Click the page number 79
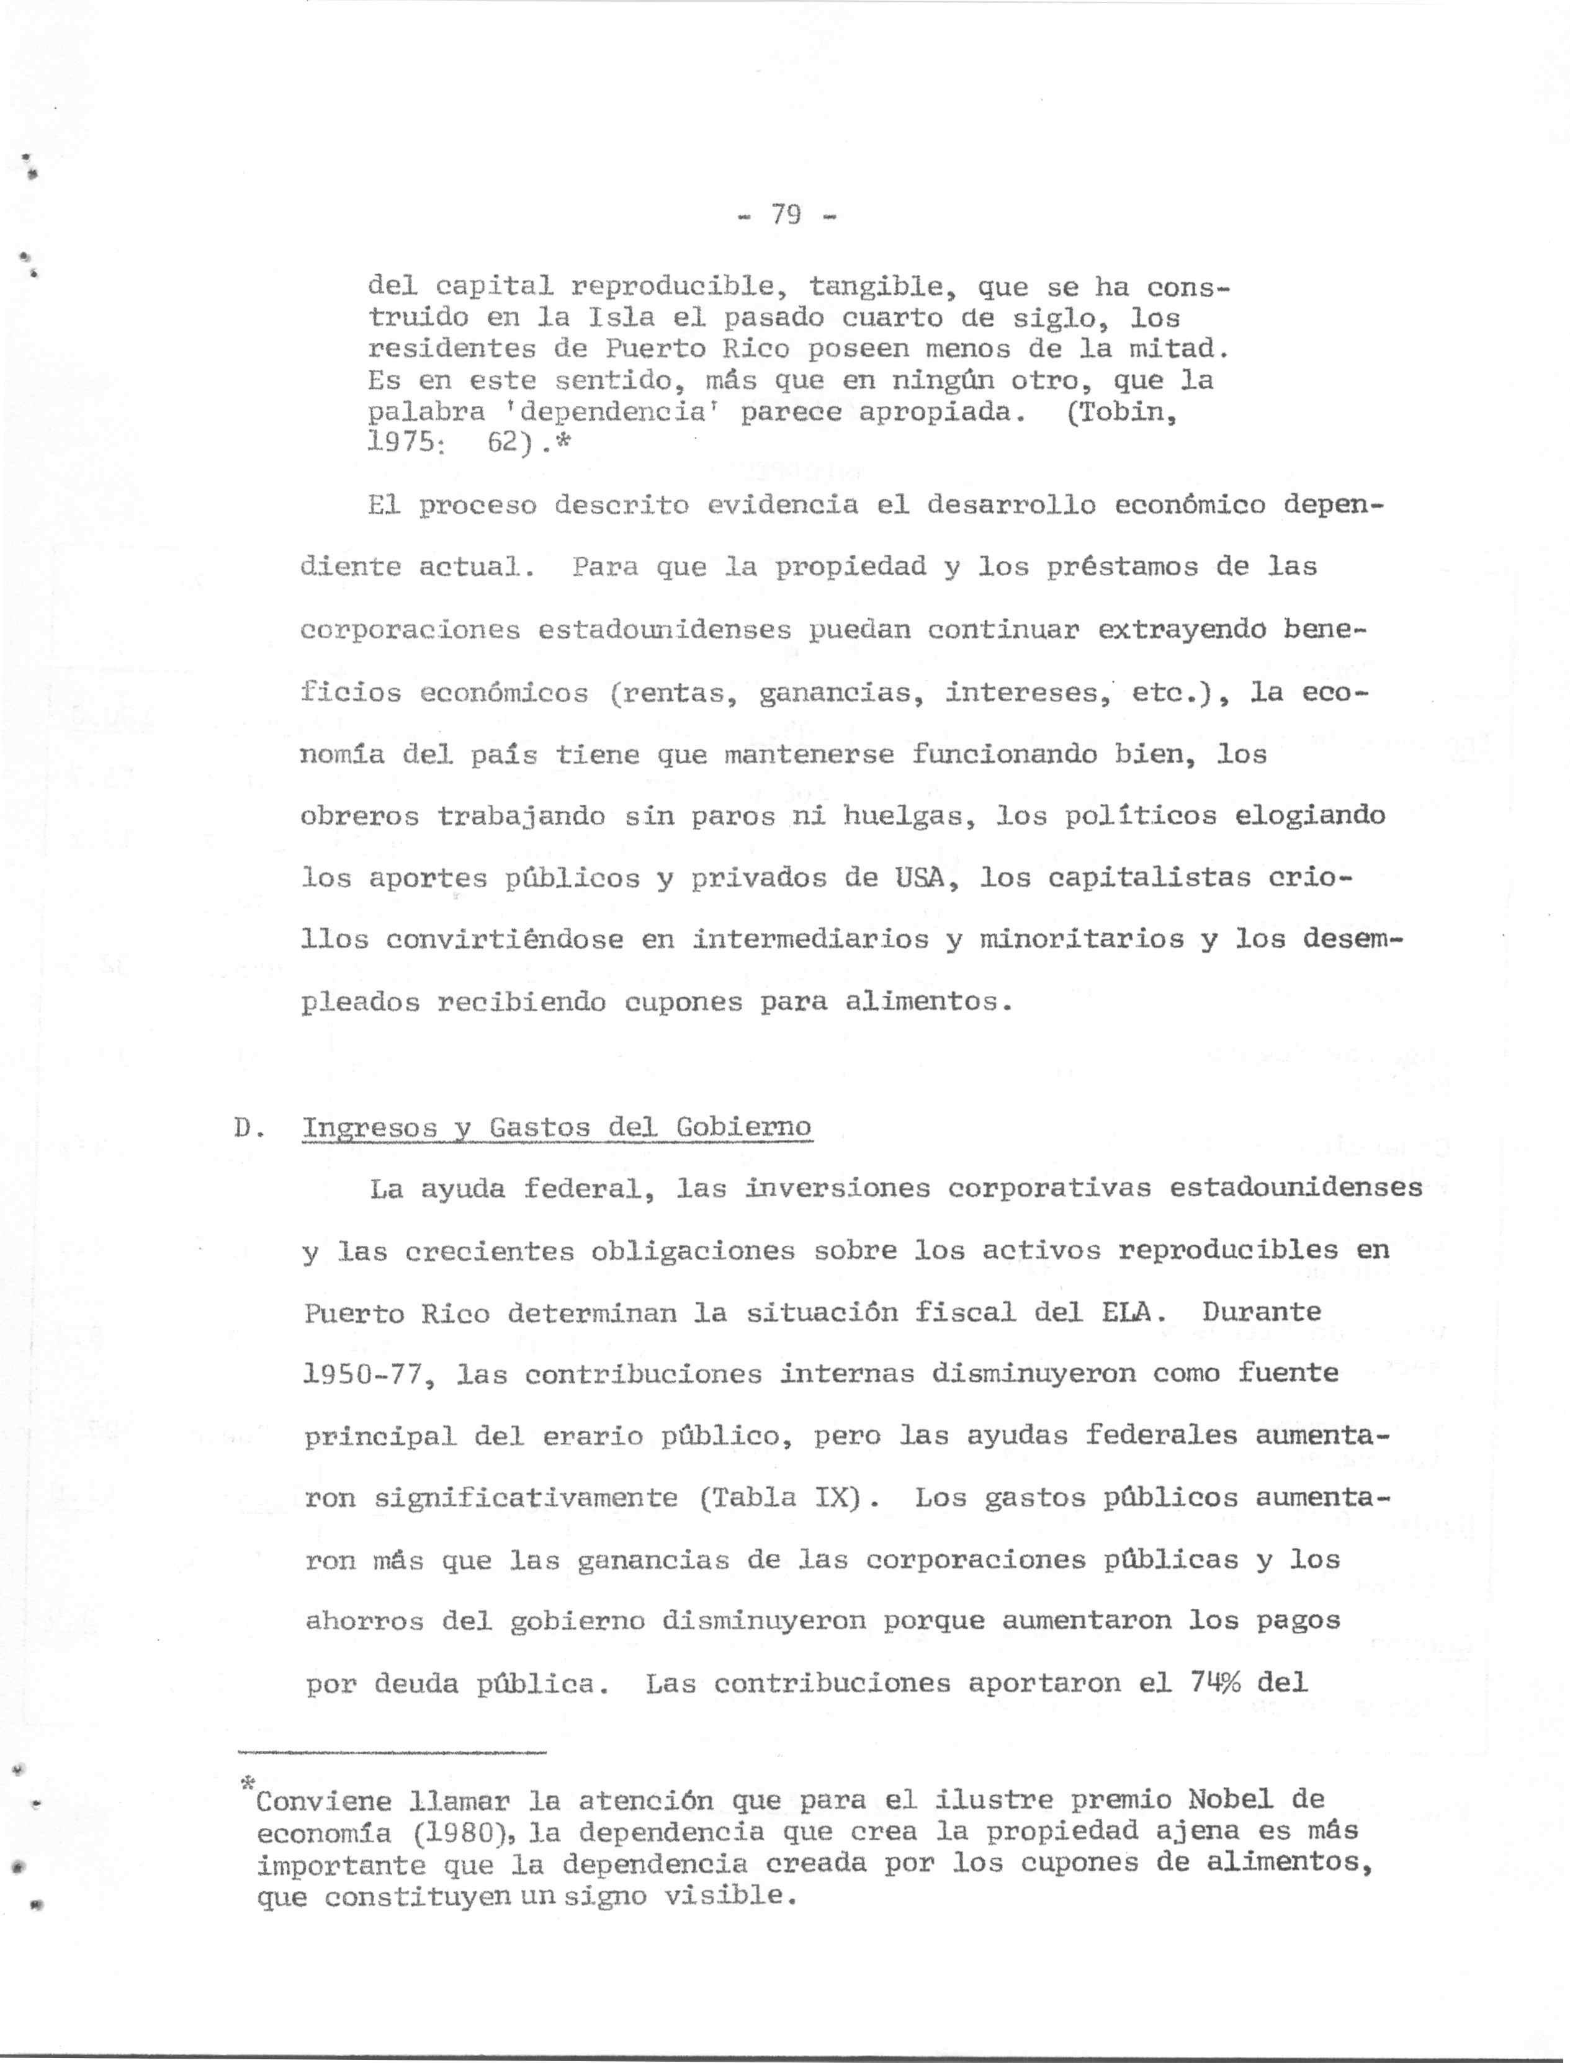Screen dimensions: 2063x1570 786,216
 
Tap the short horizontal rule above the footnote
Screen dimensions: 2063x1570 392,1753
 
